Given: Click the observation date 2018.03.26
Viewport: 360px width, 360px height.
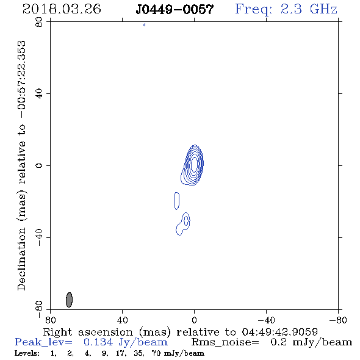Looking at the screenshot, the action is point(62,9).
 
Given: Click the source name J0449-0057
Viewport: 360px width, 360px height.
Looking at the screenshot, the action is point(175,9).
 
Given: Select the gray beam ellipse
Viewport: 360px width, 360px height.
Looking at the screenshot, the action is point(69,300).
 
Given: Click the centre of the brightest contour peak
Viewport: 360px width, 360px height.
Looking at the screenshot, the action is point(194,164).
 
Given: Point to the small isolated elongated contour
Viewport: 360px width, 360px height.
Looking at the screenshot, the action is point(176,201).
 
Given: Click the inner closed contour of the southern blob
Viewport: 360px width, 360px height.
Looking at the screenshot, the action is point(186,221).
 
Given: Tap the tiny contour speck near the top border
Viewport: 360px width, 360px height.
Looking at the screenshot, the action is point(144,25).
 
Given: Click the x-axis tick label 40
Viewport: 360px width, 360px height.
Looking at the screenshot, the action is point(122,320).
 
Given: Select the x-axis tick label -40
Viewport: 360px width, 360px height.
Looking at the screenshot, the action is point(266,320).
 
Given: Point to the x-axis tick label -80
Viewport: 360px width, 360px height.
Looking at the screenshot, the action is point(338,320).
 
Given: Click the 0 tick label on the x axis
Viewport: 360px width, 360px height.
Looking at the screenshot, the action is point(194,320).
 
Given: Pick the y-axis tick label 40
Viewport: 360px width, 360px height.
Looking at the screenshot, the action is point(39,94).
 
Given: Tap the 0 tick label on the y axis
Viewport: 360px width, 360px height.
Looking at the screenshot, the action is point(39,165).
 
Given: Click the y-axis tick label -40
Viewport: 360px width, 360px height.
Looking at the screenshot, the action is point(39,237).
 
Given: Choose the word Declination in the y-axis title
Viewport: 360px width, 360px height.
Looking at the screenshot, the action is point(21,259).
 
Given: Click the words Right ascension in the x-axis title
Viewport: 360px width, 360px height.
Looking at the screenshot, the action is point(88,332).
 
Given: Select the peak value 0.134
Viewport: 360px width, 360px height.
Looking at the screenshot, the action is point(98,342).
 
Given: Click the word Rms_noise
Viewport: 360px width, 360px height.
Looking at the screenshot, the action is point(225,342).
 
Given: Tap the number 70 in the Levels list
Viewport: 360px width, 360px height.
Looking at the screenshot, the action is point(156,353).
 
